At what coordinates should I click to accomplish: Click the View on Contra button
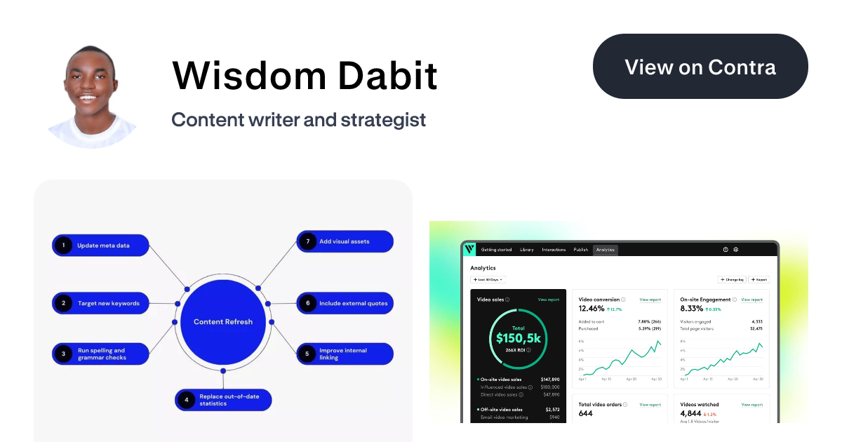(700, 67)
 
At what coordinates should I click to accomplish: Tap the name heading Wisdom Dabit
(305, 75)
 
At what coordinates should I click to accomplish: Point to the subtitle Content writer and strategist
(298, 119)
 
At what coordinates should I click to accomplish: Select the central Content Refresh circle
(222, 322)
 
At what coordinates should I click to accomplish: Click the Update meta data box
(100, 246)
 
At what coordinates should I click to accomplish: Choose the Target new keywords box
(100, 304)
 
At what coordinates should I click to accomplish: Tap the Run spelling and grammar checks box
(100, 354)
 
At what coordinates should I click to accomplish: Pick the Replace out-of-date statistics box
(223, 400)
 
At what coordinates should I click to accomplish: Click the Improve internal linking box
(345, 354)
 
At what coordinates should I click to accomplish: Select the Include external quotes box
(345, 304)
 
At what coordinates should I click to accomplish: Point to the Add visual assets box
(345, 241)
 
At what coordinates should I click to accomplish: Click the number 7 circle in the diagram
(307, 241)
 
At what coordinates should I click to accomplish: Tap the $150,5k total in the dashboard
(518, 337)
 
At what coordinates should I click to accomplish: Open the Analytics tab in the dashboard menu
(605, 250)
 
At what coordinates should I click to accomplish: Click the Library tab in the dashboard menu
(526, 250)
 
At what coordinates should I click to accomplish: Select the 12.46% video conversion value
(591, 309)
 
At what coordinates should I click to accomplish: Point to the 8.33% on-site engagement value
(692, 309)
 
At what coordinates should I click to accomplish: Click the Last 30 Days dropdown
(489, 279)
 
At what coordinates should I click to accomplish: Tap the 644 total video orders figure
(586, 413)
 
